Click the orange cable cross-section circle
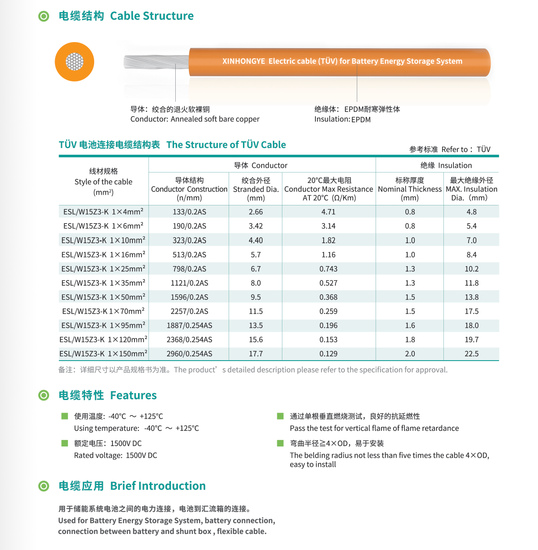click(x=74, y=62)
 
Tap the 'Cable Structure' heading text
click(x=151, y=16)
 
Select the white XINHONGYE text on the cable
click(x=342, y=61)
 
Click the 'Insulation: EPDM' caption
click(x=342, y=119)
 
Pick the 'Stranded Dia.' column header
click(x=256, y=189)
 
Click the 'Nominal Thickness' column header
click(x=410, y=189)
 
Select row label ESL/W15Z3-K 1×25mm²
click(x=103, y=269)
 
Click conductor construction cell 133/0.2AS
click(x=189, y=212)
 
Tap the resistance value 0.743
click(x=328, y=269)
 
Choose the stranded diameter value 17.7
click(x=256, y=354)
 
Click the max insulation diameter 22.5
click(x=471, y=354)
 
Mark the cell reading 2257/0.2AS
click(x=189, y=311)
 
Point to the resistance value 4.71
click(x=328, y=212)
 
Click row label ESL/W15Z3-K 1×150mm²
click(x=103, y=354)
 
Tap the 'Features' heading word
click(x=133, y=395)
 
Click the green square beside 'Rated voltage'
click(x=65, y=443)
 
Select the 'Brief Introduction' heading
click(x=157, y=486)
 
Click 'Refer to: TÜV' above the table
click(x=466, y=150)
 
